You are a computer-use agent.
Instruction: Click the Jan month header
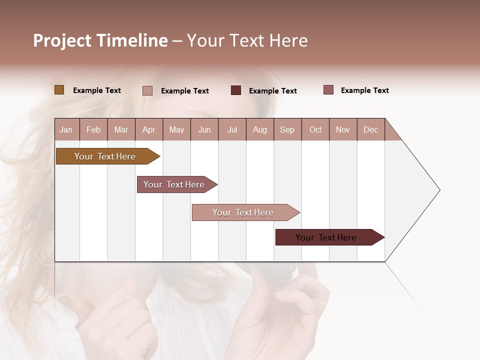[x=66, y=129]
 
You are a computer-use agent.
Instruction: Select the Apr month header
[x=149, y=129]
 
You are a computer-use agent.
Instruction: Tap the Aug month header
[x=260, y=129]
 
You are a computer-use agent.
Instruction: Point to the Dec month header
[x=370, y=129]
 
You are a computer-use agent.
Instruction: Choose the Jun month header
[x=204, y=129]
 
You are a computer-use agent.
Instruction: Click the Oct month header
[x=315, y=129]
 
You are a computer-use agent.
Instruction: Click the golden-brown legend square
[x=59, y=90]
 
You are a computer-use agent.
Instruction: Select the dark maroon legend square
[x=236, y=90]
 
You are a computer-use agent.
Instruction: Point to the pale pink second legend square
[x=147, y=90]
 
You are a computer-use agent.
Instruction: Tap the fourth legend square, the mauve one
[x=328, y=90]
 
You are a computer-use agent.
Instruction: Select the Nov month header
[x=343, y=129]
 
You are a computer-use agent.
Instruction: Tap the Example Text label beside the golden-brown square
[x=97, y=90]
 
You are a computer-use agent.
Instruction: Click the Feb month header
[x=93, y=129]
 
